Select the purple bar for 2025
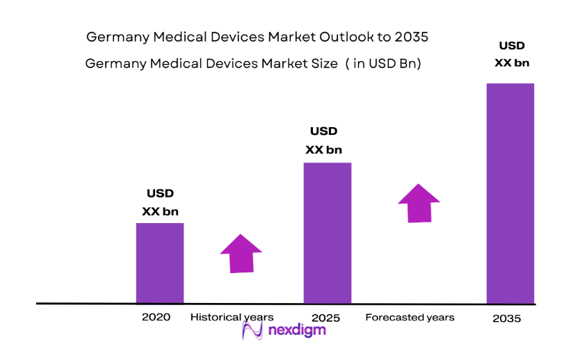[x=327, y=233]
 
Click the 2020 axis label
[x=155, y=317]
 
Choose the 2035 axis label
[x=506, y=318]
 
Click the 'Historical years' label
[x=232, y=317]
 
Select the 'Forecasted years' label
[x=410, y=317]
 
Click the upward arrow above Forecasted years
[x=419, y=203]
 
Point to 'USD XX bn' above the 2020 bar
[x=160, y=202]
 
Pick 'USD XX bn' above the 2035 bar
[x=512, y=54]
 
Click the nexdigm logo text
[x=296, y=330]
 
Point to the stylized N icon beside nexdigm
[x=252, y=330]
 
